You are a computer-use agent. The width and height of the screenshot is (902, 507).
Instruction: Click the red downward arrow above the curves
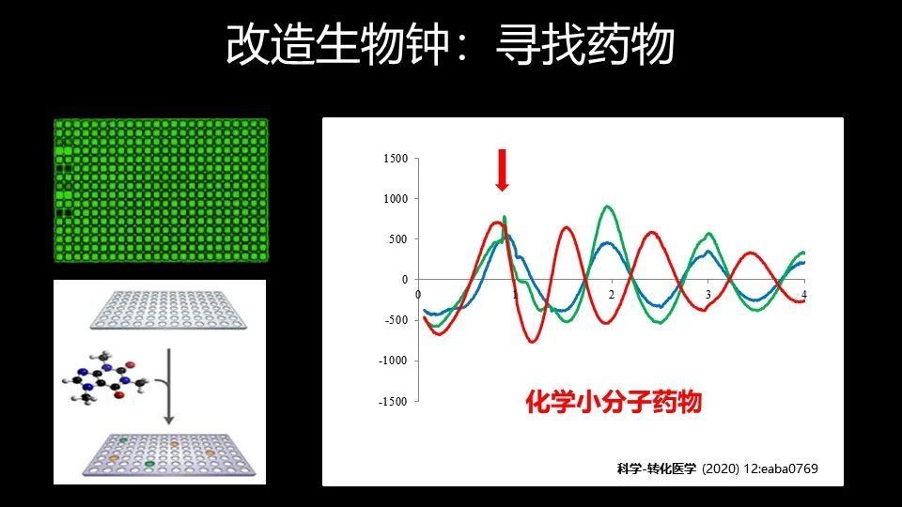502,170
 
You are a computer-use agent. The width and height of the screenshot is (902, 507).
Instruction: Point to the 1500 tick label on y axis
396,159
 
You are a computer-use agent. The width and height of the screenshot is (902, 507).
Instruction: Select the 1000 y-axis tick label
396,199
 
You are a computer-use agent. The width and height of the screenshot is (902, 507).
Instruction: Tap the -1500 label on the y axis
394,402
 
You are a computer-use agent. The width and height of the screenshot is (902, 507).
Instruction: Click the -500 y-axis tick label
396,320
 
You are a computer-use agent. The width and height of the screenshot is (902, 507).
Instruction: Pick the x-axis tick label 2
612,294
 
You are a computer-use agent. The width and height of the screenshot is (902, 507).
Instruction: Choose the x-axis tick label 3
708,294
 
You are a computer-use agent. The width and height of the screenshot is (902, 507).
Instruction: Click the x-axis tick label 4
804,294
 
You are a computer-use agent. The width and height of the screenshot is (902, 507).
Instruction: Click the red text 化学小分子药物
614,402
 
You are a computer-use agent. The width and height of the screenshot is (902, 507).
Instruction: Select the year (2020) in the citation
721,469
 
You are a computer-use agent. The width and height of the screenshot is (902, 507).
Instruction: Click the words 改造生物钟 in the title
337,44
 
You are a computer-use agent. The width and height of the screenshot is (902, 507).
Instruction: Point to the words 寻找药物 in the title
584,44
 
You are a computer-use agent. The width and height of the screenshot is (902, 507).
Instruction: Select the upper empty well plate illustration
168,310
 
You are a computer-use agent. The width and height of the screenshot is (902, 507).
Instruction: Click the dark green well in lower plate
149,463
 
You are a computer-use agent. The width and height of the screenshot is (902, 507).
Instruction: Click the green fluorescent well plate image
161,191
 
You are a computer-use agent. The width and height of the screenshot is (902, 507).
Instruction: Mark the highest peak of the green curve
608,206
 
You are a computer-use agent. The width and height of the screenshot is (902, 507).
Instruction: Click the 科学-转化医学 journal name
657,469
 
